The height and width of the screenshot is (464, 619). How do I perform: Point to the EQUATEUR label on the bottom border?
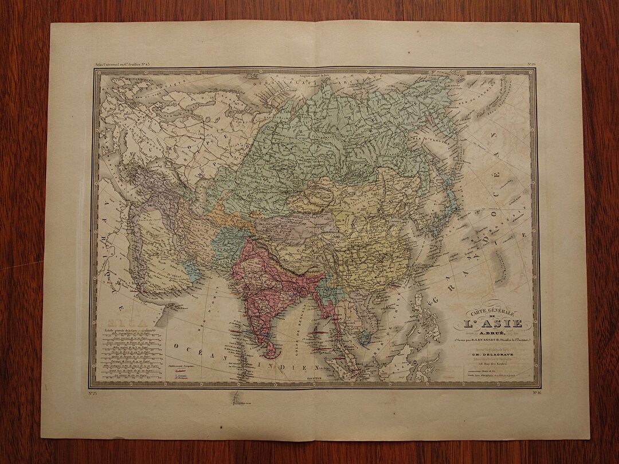pyautogui.click(x=312, y=379)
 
